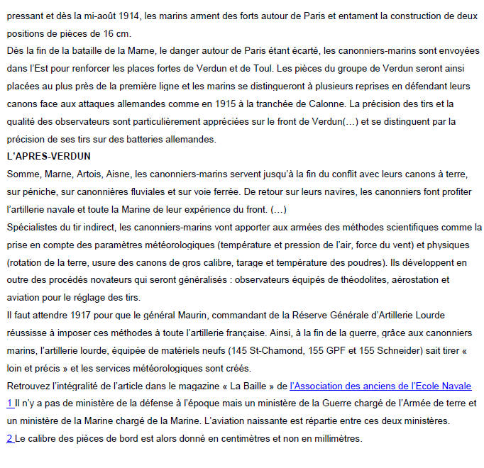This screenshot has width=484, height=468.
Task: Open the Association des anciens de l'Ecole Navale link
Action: click(x=380, y=386)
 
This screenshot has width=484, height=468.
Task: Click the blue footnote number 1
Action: click(x=9, y=403)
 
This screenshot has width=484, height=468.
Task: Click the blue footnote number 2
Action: click(x=9, y=439)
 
